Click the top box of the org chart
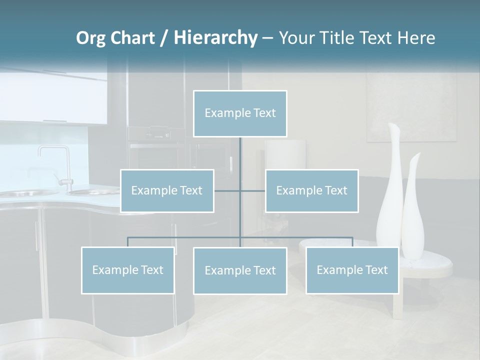pos(240,113)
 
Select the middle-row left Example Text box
pos(167,190)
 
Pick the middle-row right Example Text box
pos(311,190)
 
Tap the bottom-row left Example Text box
pos(127,270)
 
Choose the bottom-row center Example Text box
pos(240,270)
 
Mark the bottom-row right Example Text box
pos(352,270)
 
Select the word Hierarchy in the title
pos(215,38)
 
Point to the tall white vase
pos(390,190)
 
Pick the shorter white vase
pos(413,205)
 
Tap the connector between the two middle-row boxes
pos(240,190)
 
